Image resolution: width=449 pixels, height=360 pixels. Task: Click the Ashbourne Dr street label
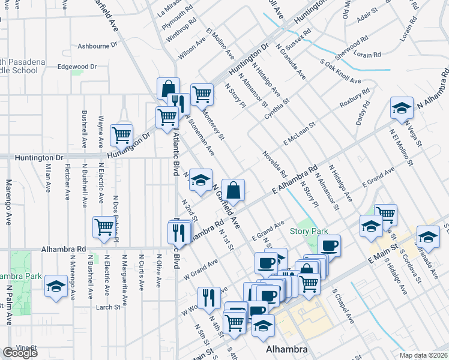coord(98,46)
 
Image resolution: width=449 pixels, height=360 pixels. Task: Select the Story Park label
coord(309,231)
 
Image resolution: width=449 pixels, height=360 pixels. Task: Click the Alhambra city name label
coord(287,349)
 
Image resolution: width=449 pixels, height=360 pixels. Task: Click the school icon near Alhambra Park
coord(56,286)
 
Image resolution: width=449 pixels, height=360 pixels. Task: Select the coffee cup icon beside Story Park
coord(329,245)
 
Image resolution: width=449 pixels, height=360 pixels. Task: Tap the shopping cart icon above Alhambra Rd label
coord(104,227)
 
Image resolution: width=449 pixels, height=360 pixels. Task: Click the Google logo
coord(20,353)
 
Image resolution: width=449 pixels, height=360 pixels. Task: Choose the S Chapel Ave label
coord(342,306)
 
